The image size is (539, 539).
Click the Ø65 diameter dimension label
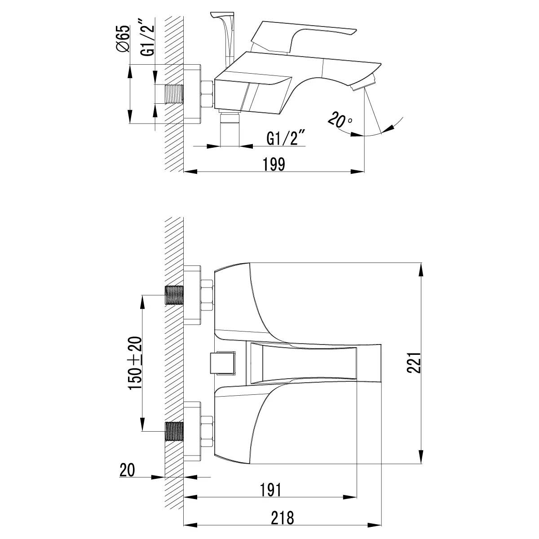(123, 38)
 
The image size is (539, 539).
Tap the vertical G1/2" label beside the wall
(147, 37)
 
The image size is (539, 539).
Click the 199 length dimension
(274, 164)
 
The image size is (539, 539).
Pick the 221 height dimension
(414, 362)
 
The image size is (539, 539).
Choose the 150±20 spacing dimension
(135, 363)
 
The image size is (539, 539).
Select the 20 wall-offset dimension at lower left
(127, 470)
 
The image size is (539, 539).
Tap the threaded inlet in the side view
(174, 94)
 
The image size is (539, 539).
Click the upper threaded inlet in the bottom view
(174, 295)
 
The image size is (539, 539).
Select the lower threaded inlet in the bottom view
(174, 431)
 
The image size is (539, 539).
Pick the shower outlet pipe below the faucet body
(230, 128)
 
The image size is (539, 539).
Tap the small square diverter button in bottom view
(223, 363)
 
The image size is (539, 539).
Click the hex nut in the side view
(207, 94)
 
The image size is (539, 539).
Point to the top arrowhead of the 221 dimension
(421, 269)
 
